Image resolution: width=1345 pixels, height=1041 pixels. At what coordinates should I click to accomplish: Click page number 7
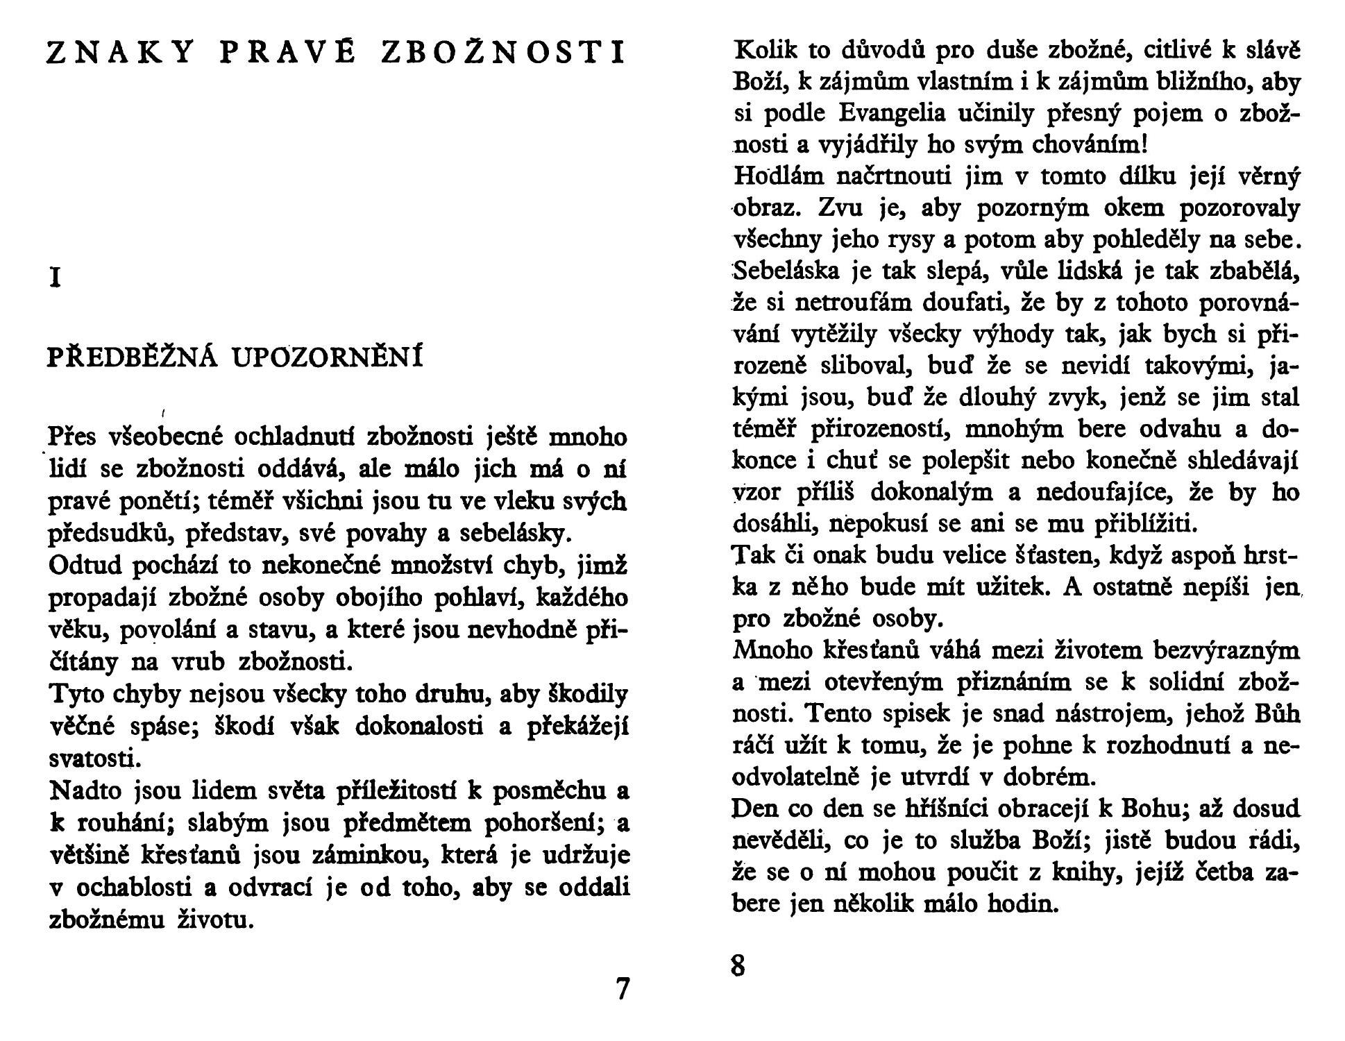623,988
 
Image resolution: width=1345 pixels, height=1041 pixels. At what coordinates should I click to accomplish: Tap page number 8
738,965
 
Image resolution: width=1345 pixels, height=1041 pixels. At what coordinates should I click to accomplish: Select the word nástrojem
1091,713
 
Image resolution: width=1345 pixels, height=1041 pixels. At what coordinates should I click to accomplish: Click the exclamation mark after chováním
1144,144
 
